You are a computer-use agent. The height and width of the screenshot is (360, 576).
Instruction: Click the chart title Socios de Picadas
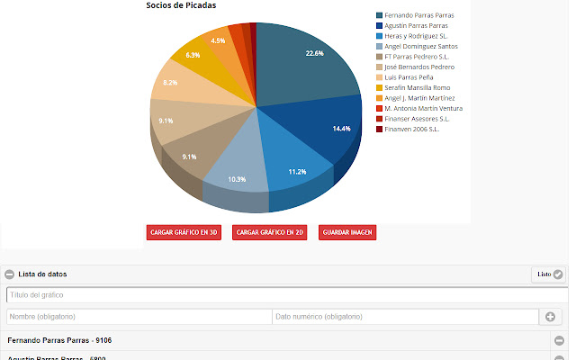coord(186,5)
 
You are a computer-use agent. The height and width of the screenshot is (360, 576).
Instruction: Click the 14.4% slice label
coord(341,129)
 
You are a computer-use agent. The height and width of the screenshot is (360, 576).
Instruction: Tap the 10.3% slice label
coord(238,180)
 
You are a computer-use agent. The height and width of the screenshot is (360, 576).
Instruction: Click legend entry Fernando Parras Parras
coord(418,15)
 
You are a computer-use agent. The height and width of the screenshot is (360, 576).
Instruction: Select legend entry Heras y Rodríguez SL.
coord(415,36)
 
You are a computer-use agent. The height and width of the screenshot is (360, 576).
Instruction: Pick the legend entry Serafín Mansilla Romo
coord(417,87)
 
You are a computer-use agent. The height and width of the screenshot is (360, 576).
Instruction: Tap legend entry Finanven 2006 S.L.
coord(411,129)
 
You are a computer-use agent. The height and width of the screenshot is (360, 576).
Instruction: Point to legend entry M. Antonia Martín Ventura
coord(423,108)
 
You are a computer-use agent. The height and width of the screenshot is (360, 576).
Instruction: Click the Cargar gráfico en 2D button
coord(269,232)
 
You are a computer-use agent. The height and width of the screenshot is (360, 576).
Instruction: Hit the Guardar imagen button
coord(347,232)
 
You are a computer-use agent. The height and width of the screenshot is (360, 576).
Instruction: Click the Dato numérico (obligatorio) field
coord(405,317)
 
